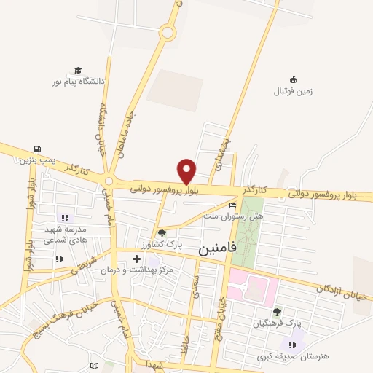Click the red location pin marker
tap(187, 170)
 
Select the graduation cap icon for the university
tap(77, 71)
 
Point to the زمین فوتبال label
tap(293, 92)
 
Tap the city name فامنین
tap(218, 248)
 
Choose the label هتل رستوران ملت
tap(232, 216)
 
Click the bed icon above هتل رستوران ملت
tap(233, 205)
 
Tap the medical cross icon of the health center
tap(136, 257)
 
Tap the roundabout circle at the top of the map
tap(169, 32)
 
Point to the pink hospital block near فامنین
tap(251, 286)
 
